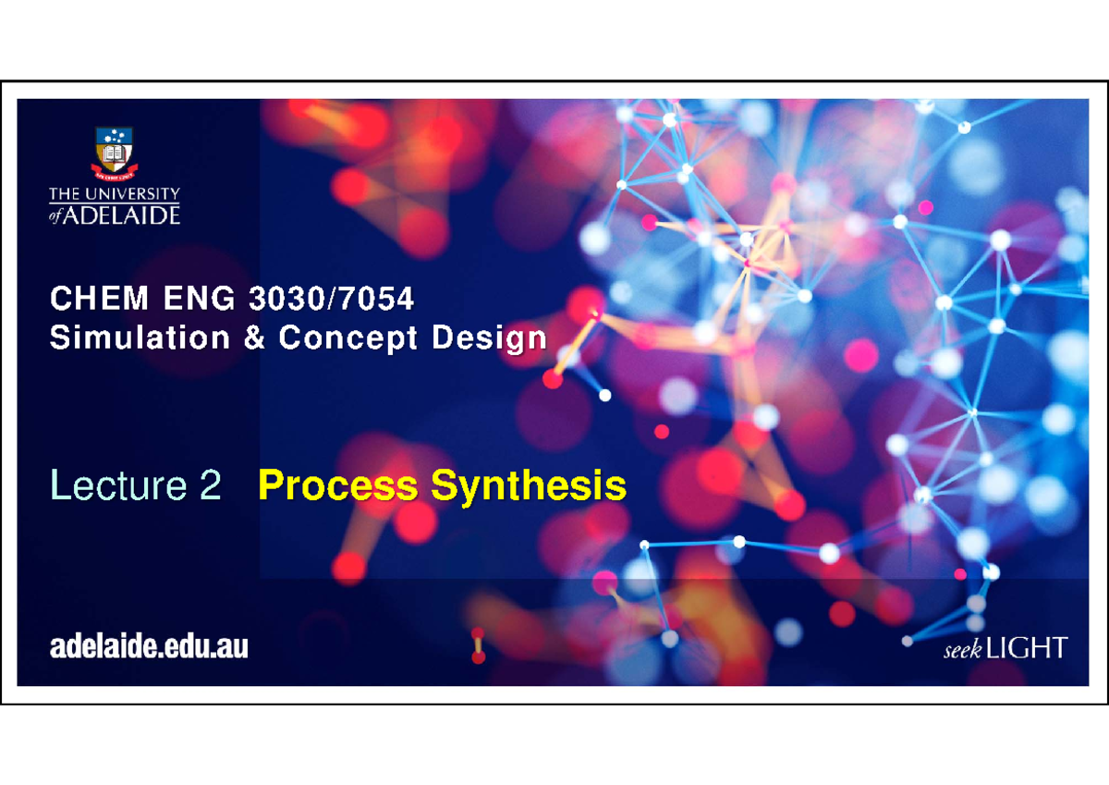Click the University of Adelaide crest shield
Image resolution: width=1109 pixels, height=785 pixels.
tap(115, 148)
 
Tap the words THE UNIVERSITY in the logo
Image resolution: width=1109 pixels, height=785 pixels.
tap(115, 194)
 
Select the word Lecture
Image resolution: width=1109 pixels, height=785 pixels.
tap(110, 486)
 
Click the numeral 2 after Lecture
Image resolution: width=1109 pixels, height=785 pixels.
tap(209, 486)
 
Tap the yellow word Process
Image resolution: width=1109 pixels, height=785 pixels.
tap(338, 486)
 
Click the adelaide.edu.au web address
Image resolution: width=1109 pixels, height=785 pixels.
tap(149, 647)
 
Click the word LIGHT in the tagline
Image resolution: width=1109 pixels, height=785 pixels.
tap(1027, 648)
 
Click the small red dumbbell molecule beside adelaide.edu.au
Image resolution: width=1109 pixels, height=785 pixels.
tap(478, 645)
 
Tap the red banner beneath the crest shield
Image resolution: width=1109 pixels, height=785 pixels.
tap(115, 171)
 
